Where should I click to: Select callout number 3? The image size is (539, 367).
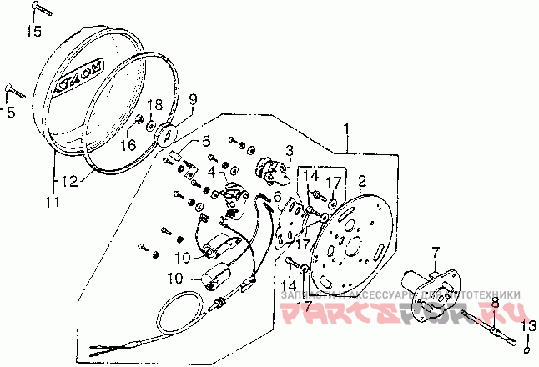[x=290, y=150]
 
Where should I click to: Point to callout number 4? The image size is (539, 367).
[x=212, y=173]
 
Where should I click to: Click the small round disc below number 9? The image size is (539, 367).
[x=167, y=132]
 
